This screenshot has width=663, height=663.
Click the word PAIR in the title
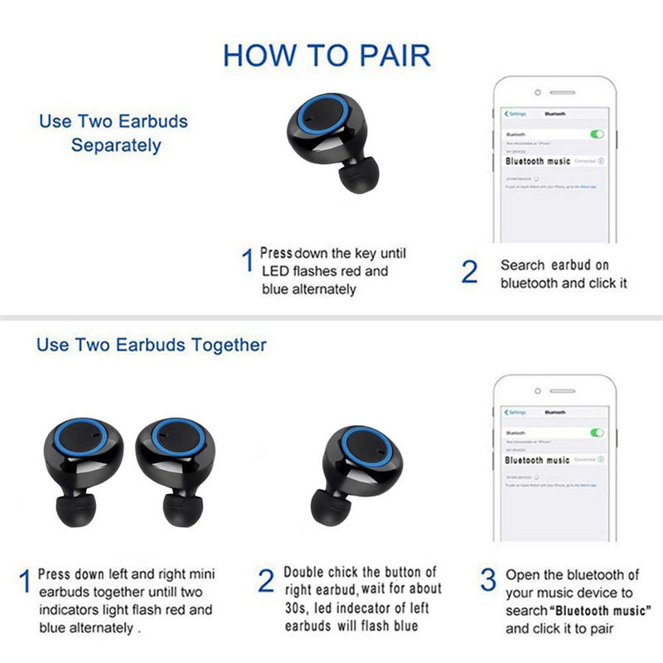(385, 55)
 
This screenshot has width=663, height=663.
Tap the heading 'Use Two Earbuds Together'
(151, 344)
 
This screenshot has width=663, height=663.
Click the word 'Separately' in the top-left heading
(115, 145)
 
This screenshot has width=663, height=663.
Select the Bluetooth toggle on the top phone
(597, 133)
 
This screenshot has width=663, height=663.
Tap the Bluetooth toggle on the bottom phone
(597, 433)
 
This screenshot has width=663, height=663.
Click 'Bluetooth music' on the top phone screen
(538, 161)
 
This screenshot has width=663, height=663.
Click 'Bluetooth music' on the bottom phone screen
(537, 460)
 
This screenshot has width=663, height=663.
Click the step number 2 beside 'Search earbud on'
(470, 272)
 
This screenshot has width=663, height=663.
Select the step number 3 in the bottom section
(489, 579)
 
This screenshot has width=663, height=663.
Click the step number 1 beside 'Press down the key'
(246, 261)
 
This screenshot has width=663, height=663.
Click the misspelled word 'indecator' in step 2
(368, 608)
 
